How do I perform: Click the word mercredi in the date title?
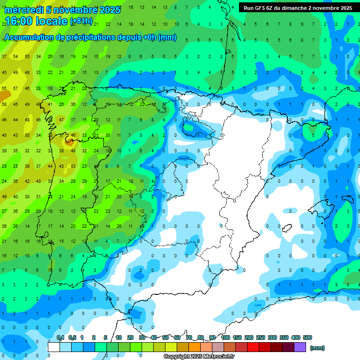pyautogui.click(x=22, y=10)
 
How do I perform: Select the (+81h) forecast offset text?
pyautogui.click(x=81, y=22)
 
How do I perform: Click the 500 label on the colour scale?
pyautogui.click(x=307, y=338)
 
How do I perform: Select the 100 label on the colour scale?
pyautogui.click(x=225, y=338)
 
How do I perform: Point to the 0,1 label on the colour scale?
pyautogui.click(x=60, y=338)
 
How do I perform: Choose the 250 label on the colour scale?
pyautogui.click(x=261, y=338)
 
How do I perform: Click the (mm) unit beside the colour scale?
pyautogui.click(x=317, y=348)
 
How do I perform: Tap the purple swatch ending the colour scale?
pyautogui.click(x=300, y=347)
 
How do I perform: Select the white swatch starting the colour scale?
pyautogui.click(x=54, y=347)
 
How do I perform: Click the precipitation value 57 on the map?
pyautogui.click(x=15, y=89)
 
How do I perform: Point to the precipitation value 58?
pyautogui.click(x=4, y=105)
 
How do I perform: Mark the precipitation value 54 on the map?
pyautogui.click(x=15, y=57)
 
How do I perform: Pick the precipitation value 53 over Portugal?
pyautogui.click(x=73, y=166)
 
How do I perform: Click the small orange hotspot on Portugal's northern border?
pyautogui.click(x=69, y=139)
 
